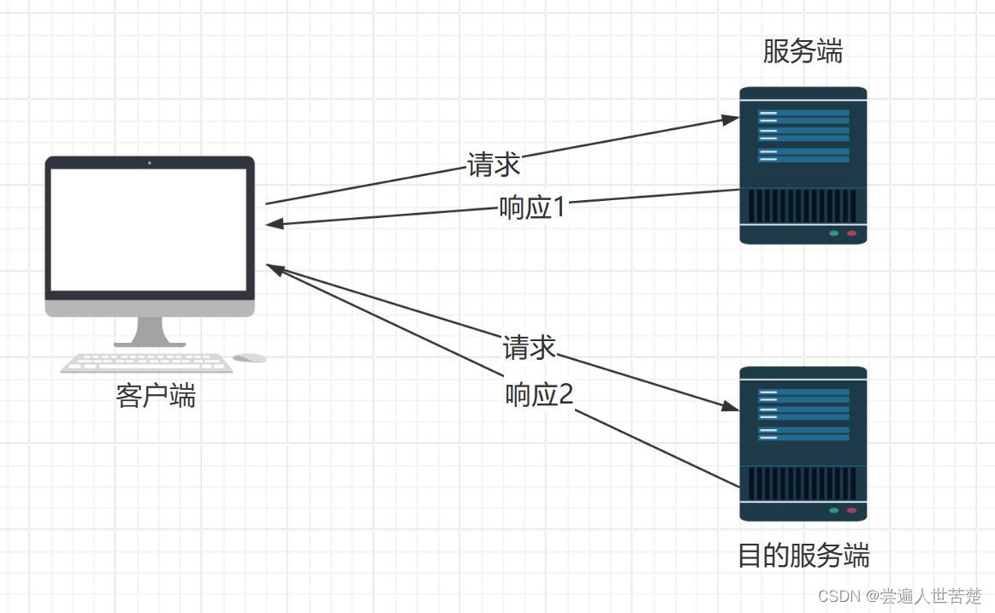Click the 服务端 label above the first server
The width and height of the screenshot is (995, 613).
[x=803, y=52]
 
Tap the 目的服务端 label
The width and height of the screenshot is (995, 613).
[x=803, y=556]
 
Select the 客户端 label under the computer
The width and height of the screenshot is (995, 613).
[x=156, y=396]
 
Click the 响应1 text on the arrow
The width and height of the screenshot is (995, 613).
[x=532, y=207]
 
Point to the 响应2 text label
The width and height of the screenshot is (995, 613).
[x=539, y=395]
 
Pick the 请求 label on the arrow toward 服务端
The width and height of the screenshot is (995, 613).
[x=494, y=163]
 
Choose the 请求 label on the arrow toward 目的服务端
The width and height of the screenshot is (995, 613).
[x=530, y=348]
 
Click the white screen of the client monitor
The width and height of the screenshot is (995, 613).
[x=149, y=229]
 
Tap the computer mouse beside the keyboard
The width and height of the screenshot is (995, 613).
[x=250, y=358]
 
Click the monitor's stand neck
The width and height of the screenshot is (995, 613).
[x=150, y=330]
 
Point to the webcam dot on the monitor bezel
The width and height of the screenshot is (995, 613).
[x=150, y=162]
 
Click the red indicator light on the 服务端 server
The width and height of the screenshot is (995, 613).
[x=851, y=233]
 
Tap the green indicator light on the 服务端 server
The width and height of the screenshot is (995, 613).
[x=833, y=233]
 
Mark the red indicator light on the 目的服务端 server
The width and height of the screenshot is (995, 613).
[x=851, y=510]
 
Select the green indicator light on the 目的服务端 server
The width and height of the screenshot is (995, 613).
[x=833, y=510]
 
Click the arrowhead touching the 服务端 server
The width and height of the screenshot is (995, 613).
[x=730, y=120]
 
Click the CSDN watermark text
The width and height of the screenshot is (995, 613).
[x=899, y=596]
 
